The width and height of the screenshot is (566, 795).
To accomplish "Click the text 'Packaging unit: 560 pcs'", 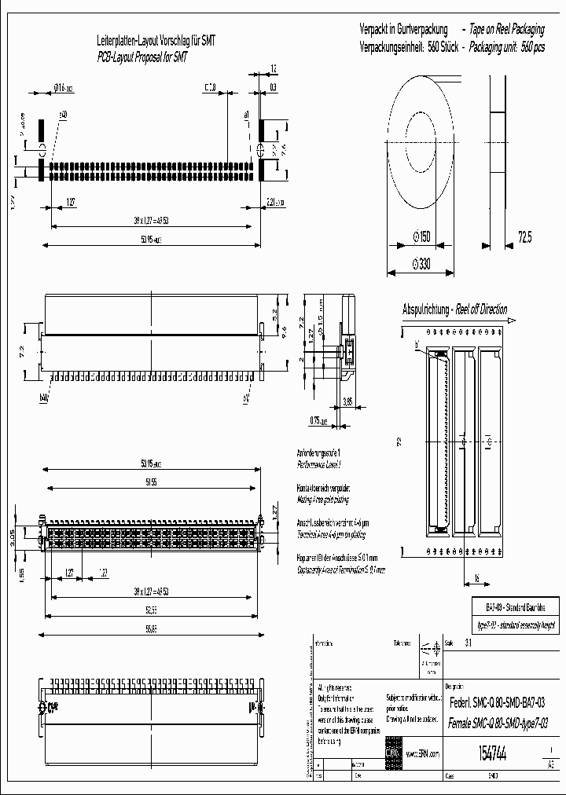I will (x=506, y=46).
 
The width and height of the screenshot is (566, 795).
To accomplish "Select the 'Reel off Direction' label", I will (x=479, y=310).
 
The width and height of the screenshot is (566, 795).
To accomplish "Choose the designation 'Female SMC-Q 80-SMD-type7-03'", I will (x=496, y=722).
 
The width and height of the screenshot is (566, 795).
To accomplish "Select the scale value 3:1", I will (x=469, y=643).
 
